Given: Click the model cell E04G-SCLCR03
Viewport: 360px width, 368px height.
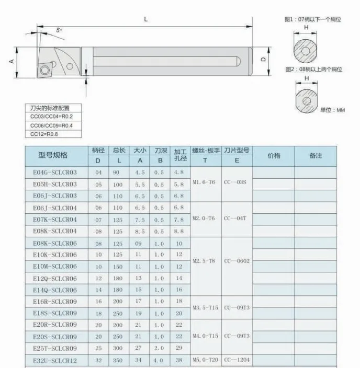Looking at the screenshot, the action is [x=55, y=172].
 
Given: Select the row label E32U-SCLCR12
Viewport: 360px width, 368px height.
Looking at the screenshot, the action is [x=55, y=361].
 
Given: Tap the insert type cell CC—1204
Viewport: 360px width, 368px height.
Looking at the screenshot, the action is [x=237, y=360].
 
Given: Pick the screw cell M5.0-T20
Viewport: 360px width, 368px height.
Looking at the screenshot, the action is [x=205, y=360].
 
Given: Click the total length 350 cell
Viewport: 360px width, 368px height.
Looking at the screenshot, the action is [x=118, y=360].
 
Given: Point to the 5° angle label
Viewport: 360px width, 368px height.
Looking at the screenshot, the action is [x=59, y=30].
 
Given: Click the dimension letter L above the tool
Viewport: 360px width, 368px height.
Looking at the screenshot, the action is [x=145, y=19].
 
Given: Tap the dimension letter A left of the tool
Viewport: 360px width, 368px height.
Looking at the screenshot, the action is [x=12, y=61].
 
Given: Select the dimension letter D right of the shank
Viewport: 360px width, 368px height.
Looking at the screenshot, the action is [x=263, y=60].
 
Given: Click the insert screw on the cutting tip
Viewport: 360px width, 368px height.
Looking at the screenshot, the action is [x=44, y=70].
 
